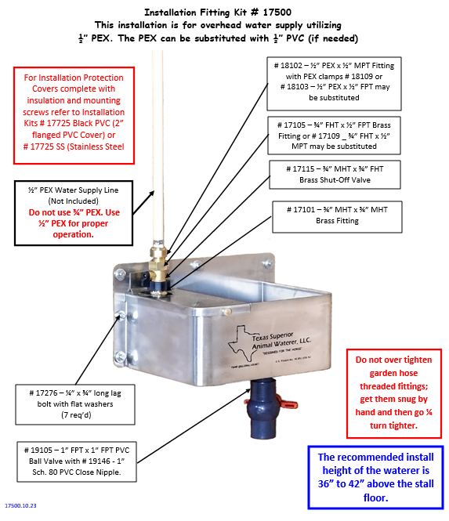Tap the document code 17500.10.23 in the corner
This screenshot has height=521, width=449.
(23, 506)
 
